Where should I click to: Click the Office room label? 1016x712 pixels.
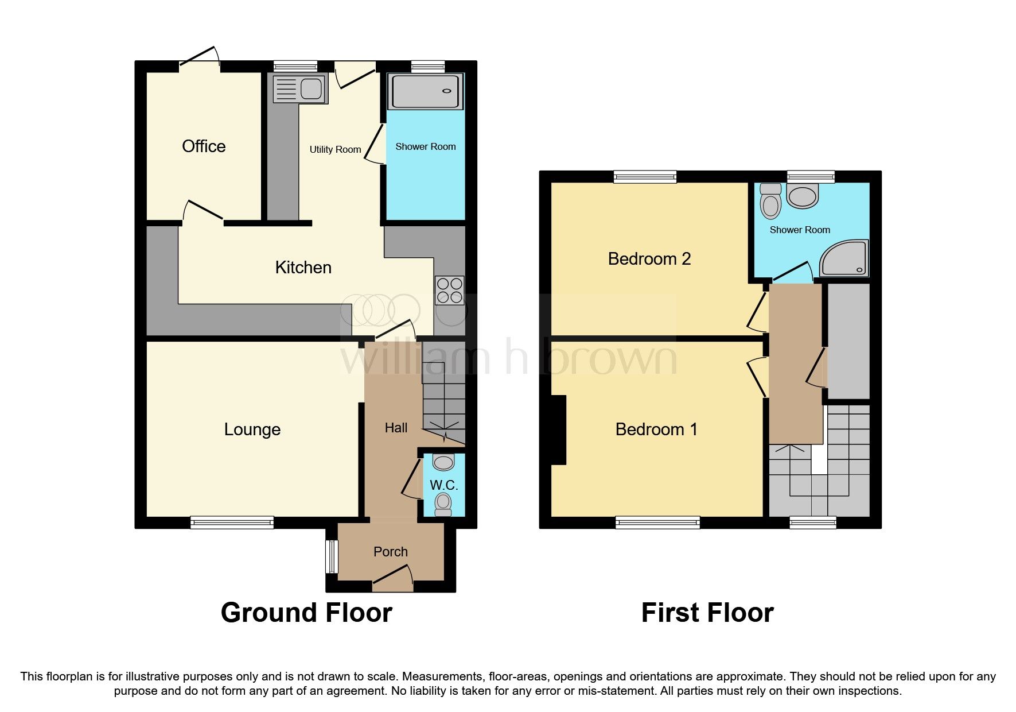204,146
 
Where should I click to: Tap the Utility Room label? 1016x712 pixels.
335,149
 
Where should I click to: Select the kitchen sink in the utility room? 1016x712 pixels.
299,90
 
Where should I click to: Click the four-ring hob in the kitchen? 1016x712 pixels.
449,290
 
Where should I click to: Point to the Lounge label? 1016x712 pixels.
252,429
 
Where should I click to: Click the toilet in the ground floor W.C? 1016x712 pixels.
443,504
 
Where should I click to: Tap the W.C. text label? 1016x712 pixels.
443,485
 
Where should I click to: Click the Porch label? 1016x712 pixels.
390,552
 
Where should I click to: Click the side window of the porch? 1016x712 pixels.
332,556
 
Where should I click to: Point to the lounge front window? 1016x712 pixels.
232,522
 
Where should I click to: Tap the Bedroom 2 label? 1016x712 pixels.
649,259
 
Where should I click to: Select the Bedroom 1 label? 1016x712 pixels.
656,429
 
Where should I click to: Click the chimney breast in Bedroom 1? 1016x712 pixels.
558,429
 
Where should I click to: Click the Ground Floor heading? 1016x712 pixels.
306,613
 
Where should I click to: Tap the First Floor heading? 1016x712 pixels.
707,613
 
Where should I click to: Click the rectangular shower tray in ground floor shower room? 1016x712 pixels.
426,91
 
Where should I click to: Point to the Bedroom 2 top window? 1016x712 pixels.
645,176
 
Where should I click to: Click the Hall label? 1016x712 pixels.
396,428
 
